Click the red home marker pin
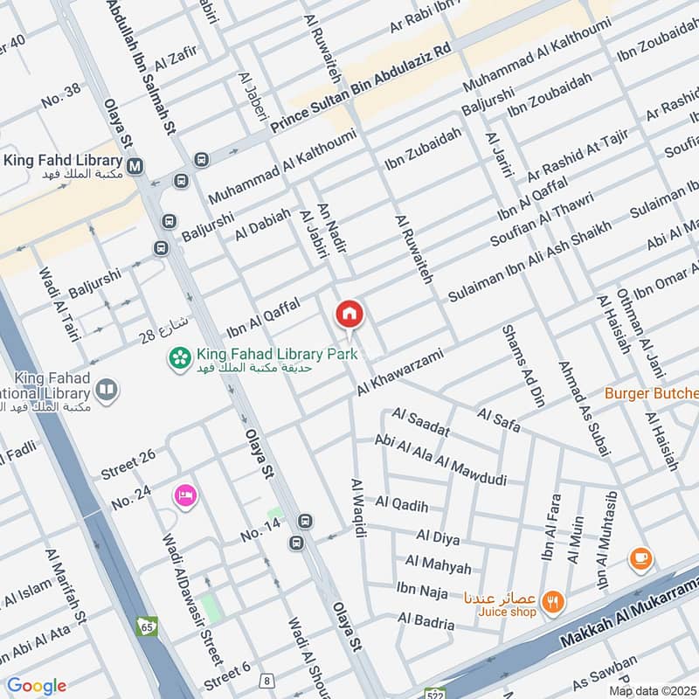point(349,314)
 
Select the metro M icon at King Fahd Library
point(135,164)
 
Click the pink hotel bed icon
point(186,495)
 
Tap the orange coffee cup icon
point(640,557)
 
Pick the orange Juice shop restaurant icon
point(553,600)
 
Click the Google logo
point(37,686)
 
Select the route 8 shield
point(266,680)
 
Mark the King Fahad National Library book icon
point(107,390)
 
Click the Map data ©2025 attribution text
point(652,691)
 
